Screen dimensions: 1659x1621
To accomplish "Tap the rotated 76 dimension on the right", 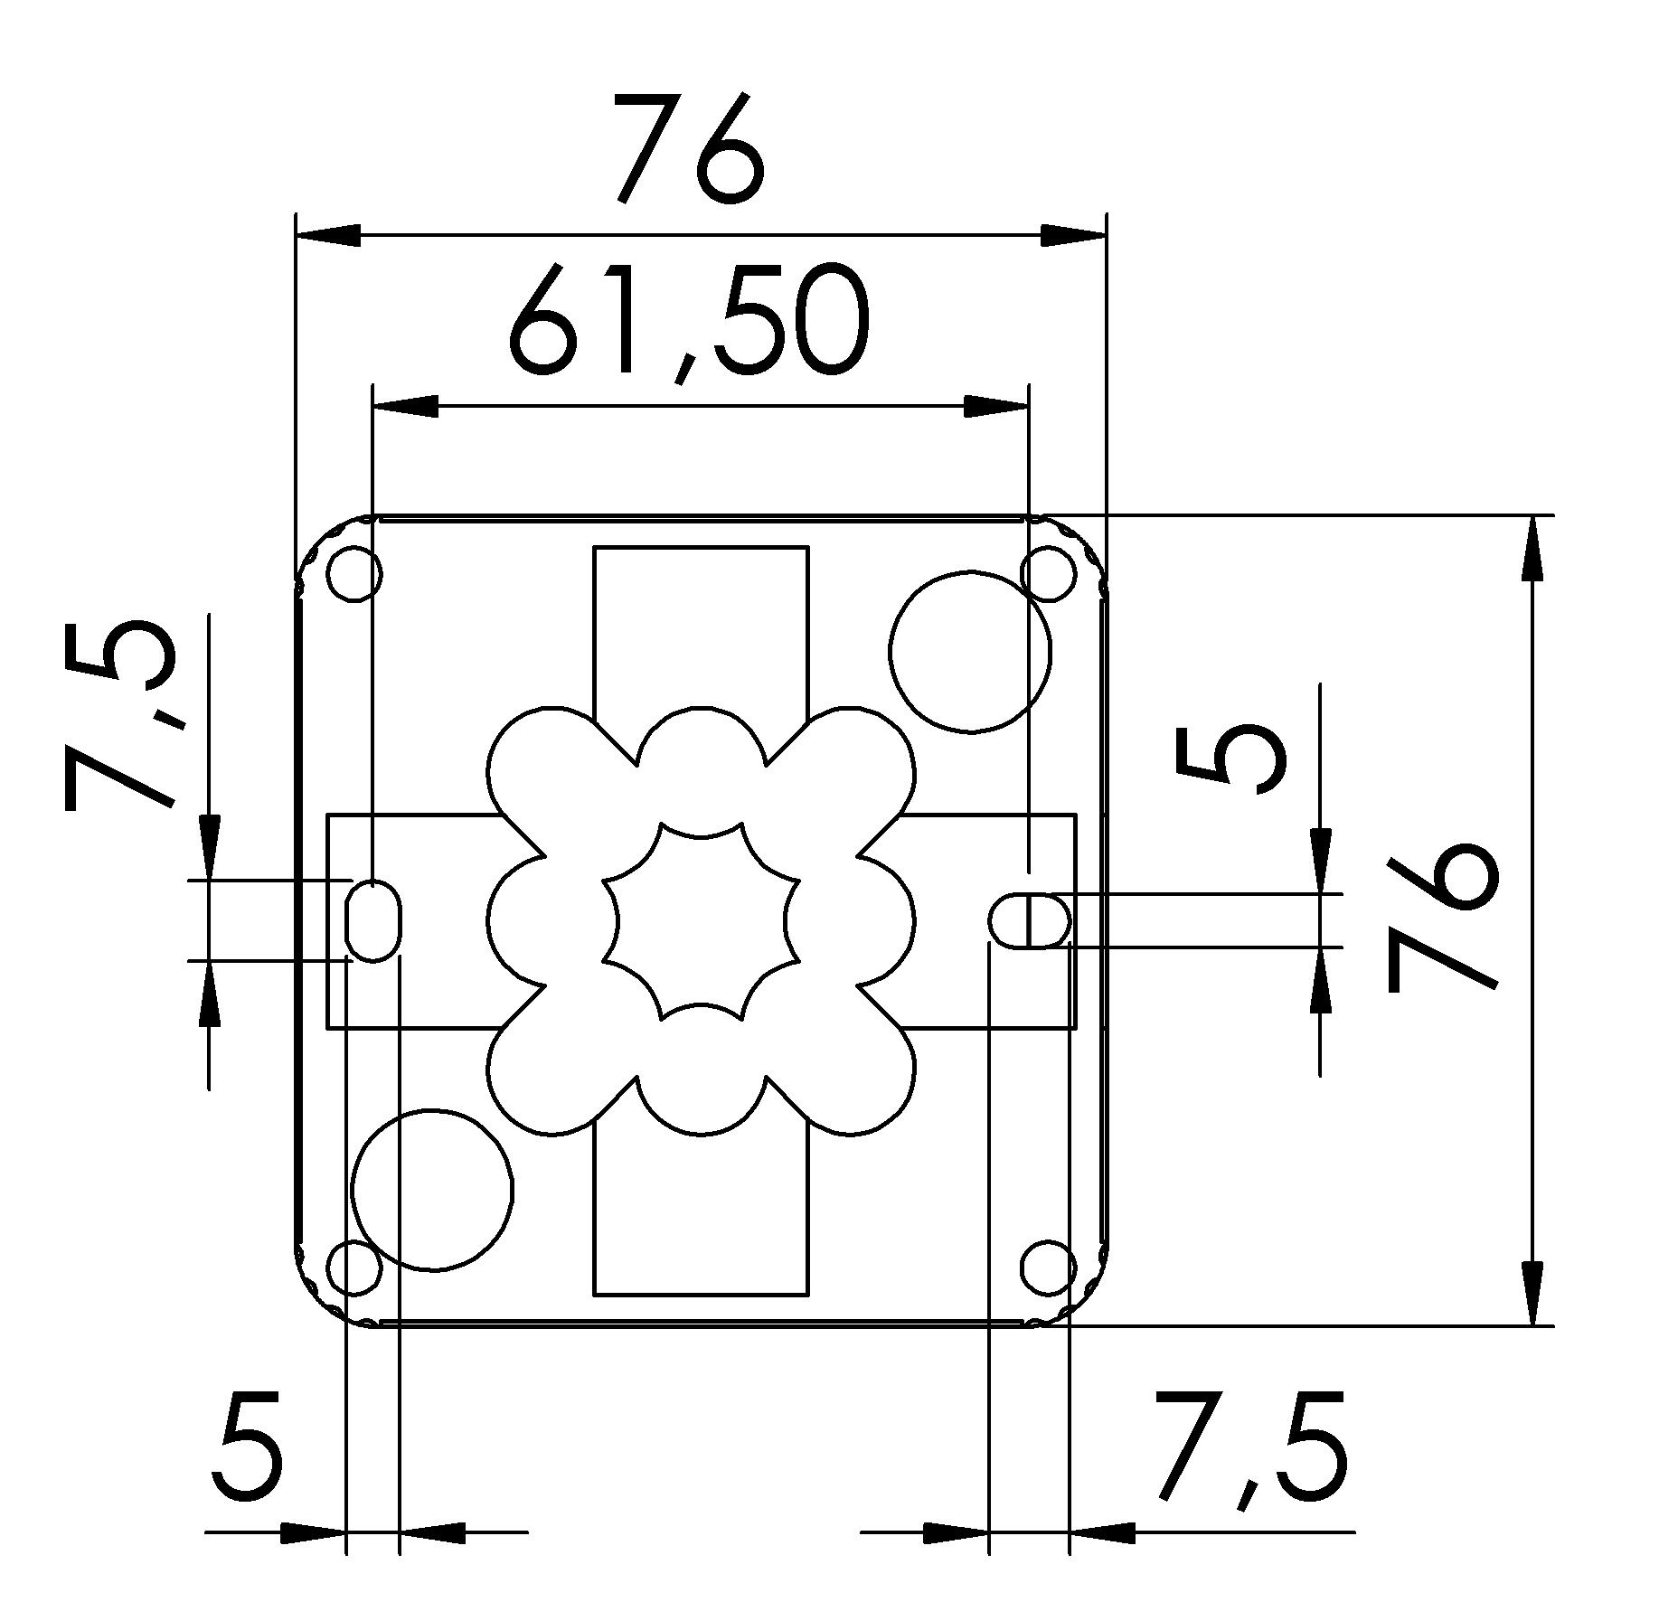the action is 1440,917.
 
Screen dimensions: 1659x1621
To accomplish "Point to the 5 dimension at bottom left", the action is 248,1455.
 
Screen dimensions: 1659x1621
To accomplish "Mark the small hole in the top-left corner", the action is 354,573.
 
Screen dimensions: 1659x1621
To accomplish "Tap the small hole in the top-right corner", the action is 1049,573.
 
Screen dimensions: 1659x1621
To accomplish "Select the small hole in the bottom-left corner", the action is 354,1268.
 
